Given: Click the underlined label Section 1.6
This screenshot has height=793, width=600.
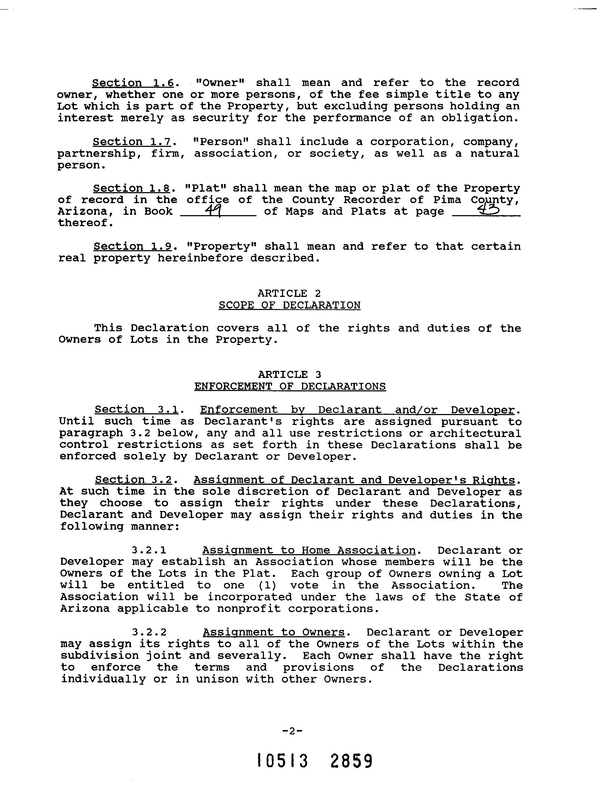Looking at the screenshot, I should tap(133, 83).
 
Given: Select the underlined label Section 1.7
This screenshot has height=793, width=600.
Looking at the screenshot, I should tap(132, 142).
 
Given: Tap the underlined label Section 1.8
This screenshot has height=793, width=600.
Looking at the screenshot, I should tap(131, 189).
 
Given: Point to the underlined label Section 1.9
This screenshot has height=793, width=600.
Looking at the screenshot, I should tap(133, 247).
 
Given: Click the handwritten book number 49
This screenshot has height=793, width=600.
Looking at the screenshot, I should tap(215, 211).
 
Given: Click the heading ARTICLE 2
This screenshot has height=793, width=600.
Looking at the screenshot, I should tap(289, 294).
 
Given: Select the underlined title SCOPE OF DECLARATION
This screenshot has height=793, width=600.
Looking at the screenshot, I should tap(289, 305).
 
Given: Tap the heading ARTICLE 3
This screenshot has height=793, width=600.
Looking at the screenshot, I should tap(289, 375).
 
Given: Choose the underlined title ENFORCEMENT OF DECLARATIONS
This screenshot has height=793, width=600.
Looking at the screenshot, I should tap(290, 386).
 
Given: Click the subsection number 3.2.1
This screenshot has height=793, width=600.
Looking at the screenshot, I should tap(149, 551).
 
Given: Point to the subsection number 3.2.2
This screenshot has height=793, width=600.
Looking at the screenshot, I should tap(149, 632).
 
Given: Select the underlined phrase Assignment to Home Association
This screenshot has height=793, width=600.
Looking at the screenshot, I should tap(308, 551).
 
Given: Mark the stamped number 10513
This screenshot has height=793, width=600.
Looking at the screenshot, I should tap(283, 761).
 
